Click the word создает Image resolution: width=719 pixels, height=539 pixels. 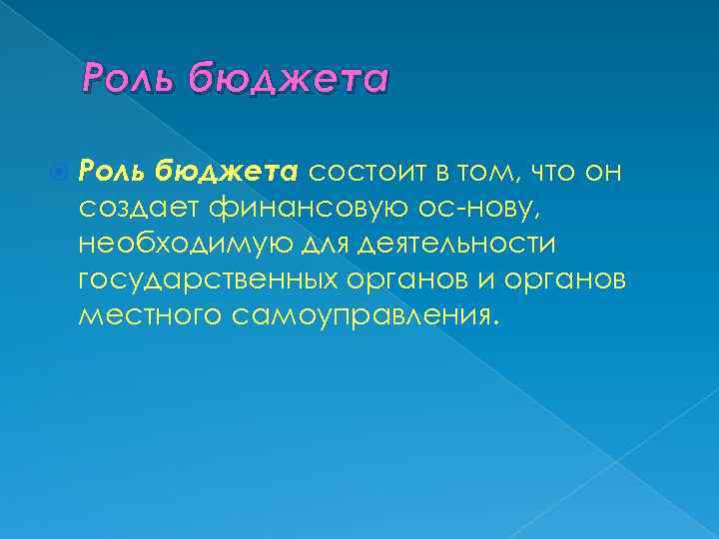pos(139,208)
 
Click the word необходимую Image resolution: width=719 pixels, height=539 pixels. pos(172,244)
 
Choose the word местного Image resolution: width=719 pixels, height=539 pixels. pos(149,316)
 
